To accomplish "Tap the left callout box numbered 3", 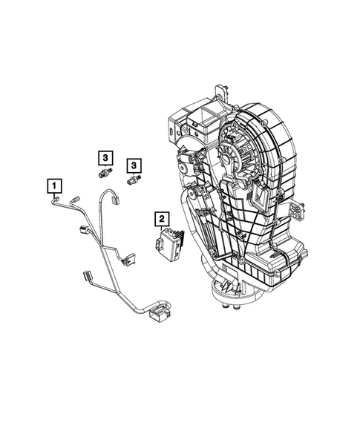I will [x=106, y=157].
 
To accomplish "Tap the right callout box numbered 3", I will [x=134, y=165].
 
